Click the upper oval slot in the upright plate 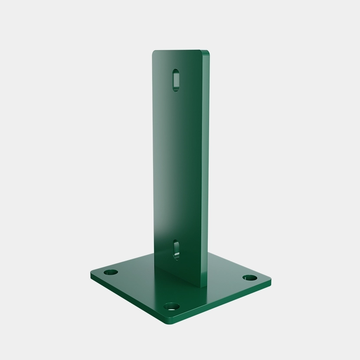[176, 79]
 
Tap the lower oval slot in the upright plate [176, 249]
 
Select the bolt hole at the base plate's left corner [111, 273]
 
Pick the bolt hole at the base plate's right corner [249, 278]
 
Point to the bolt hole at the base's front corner [172, 307]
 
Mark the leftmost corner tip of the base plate [91, 274]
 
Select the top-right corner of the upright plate [208, 52]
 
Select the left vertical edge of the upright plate [153, 165]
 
